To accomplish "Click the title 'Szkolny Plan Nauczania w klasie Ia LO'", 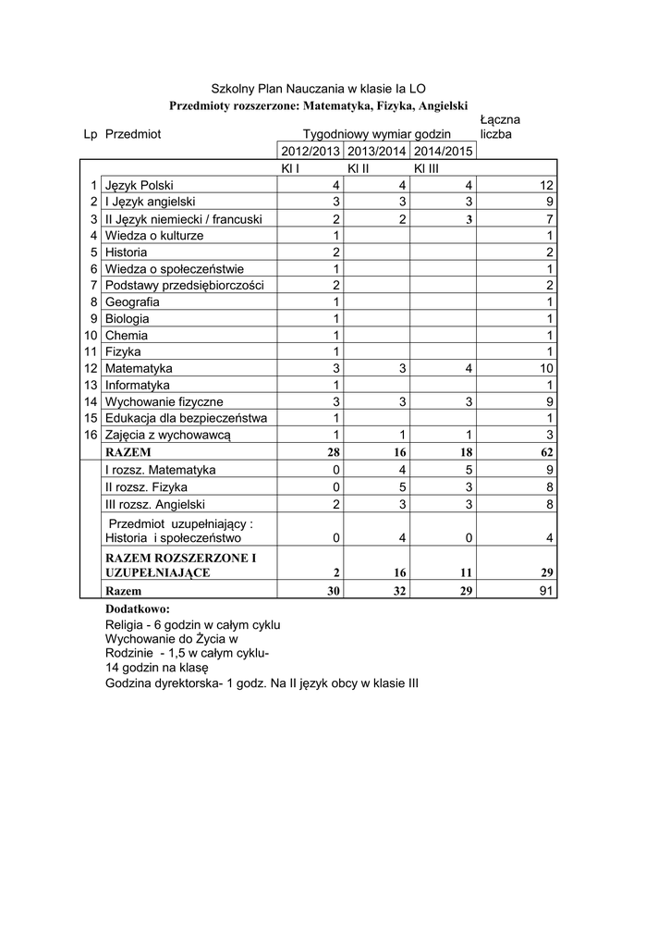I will tap(318, 89).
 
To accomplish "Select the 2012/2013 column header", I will tap(311, 151).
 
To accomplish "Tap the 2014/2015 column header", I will tap(443, 151).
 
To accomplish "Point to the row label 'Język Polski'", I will tap(146, 185).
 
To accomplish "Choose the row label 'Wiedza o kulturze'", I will tap(154, 236).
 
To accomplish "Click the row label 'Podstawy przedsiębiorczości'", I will tap(185, 285).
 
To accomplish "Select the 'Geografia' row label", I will tap(132, 302).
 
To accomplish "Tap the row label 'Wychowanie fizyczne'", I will tap(164, 402).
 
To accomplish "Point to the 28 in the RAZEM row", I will tap(334, 452).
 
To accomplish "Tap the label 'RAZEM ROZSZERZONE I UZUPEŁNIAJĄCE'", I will tap(181, 565).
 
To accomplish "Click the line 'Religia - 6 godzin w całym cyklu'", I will tap(193, 625).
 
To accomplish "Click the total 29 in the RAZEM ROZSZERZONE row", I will tap(546, 572).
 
